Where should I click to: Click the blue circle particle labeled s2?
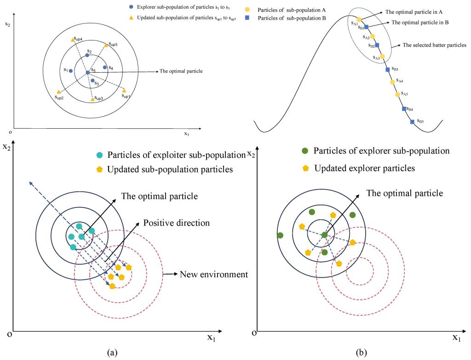coord(87,55)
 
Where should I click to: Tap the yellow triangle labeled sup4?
coord(73,40)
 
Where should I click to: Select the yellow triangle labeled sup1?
coord(124,91)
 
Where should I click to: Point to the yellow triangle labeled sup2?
coord(58,92)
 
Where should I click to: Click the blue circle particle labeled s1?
coord(71,71)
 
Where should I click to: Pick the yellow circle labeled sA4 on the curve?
coord(392,82)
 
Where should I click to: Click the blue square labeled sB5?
coord(412,122)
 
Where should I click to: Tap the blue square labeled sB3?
coord(388,70)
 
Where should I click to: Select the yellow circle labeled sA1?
coord(359,19)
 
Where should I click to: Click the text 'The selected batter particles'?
coord(434,45)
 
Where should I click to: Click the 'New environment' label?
coord(214,274)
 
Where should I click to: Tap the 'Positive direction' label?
coord(176,223)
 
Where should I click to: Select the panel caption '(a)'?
coord(111,352)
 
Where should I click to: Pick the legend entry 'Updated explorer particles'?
coord(364,168)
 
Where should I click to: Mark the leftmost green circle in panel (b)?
coord(280,235)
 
